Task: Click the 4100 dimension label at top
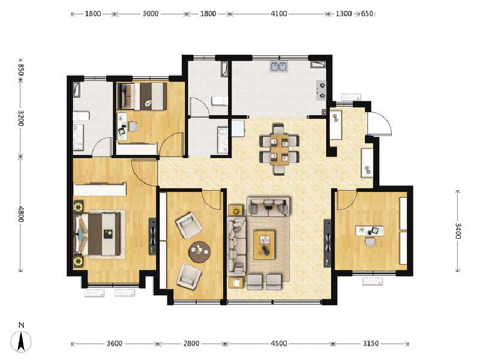click(278, 14)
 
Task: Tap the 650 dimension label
click(367, 14)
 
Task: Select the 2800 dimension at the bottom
click(191, 343)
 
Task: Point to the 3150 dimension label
click(371, 343)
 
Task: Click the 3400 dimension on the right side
click(458, 231)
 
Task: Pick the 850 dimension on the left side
click(21, 70)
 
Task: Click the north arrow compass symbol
click(21, 338)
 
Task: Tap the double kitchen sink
click(278, 67)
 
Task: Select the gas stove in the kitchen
click(321, 91)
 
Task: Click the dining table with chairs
click(279, 149)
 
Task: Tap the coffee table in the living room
click(264, 245)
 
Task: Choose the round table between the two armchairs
click(199, 252)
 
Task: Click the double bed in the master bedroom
click(98, 234)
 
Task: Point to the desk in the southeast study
click(370, 230)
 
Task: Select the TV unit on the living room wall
click(327, 243)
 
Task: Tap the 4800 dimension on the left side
click(21, 214)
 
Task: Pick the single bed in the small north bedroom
click(142, 96)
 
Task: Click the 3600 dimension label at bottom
click(114, 343)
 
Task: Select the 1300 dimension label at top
click(343, 14)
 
